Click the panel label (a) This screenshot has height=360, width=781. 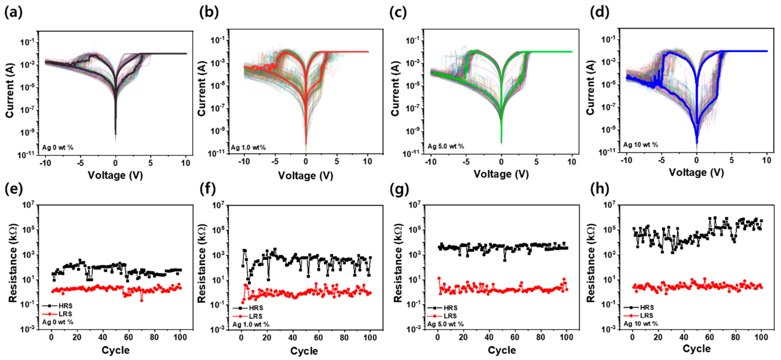click(13, 13)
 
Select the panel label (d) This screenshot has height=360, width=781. click(600, 13)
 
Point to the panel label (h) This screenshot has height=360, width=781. click(600, 189)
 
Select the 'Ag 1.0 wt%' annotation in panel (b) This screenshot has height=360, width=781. click(248, 148)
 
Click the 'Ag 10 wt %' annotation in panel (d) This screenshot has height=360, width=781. click(641, 145)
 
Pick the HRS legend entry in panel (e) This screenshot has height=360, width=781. click(58, 306)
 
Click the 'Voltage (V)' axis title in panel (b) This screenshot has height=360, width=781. click(306, 176)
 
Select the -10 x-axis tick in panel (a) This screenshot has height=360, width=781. click(45, 163)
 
